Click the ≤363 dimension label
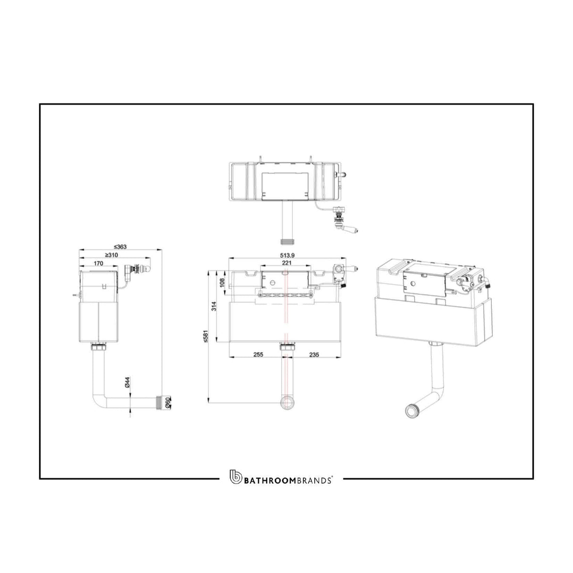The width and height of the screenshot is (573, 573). coord(121,246)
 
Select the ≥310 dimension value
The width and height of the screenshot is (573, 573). coord(111,255)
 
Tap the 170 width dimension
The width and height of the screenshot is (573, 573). coord(98,263)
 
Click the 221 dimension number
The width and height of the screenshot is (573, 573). coord(286,263)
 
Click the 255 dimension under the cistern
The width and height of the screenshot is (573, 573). coord(258,354)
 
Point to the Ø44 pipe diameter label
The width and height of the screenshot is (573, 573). coord(128,382)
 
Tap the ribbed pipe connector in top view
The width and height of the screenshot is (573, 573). coord(286,241)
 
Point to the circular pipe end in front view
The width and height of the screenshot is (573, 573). coord(286,402)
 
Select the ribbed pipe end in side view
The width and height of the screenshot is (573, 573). coord(165,402)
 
